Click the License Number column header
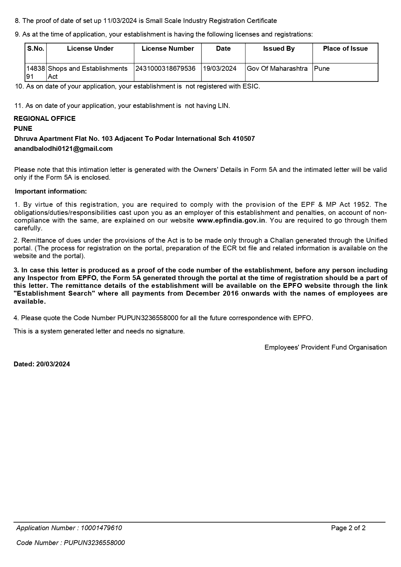tap(168, 48)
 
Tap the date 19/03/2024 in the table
tap(220, 68)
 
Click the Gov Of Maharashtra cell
tap(277, 68)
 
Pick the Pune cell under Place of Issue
tap(322, 68)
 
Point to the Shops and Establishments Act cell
tap(88, 72)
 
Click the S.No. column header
tap(36, 48)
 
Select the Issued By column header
tap(279, 48)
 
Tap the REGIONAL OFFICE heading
tap(45, 119)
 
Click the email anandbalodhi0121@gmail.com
tap(63, 149)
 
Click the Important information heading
tap(51, 191)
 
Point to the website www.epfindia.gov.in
tap(231, 220)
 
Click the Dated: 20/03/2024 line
tap(42, 364)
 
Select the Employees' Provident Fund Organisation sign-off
tap(325, 347)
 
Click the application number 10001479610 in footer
tap(101, 528)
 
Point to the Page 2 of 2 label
tap(348, 528)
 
